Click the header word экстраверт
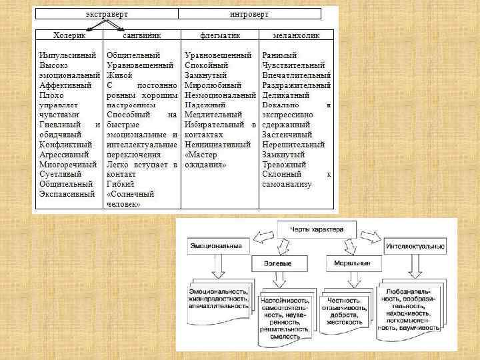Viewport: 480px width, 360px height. (108, 13)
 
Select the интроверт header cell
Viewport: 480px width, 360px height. (250, 13)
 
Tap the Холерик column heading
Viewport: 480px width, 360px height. (69, 34)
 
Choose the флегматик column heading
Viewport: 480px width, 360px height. (220, 34)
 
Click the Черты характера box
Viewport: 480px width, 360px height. (316, 229)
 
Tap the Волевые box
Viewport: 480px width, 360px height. (281, 263)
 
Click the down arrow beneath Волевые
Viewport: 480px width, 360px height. (280, 280)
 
